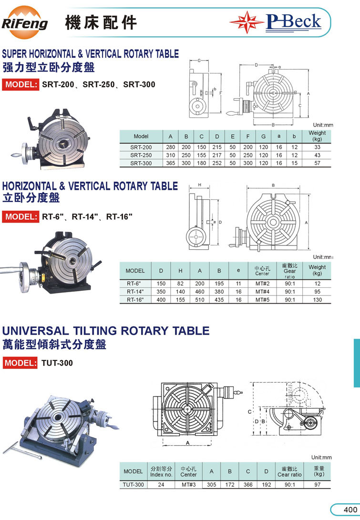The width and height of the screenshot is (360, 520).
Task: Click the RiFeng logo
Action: (x=24, y=22)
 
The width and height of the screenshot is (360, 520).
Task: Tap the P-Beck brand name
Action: (x=294, y=22)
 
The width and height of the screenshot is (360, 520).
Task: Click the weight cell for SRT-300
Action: (x=317, y=163)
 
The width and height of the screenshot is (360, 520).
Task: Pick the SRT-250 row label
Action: (x=141, y=155)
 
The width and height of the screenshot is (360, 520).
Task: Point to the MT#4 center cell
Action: (x=262, y=292)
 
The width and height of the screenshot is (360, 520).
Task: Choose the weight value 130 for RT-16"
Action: (x=317, y=300)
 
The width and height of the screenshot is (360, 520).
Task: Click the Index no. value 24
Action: (x=161, y=485)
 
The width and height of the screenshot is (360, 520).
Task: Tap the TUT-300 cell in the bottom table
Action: (x=134, y=485)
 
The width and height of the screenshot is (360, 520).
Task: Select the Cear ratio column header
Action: (x=289, y=471)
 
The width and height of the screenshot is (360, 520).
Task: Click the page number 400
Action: (x=350, y=510)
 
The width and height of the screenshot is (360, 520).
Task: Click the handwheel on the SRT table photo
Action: (x=24, y=153)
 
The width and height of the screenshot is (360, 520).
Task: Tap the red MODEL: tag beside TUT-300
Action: (x=20, y=363)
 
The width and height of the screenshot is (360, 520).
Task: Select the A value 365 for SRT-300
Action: (x=171, y=163)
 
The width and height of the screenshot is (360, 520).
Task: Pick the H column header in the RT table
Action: (x=180, y=271)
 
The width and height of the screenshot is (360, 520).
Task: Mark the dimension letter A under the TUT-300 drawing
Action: (x=187, y=443)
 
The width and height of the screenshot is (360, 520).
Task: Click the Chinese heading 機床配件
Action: (x=101, y=23)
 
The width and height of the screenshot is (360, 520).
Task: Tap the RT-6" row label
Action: (x=134, y=284)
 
